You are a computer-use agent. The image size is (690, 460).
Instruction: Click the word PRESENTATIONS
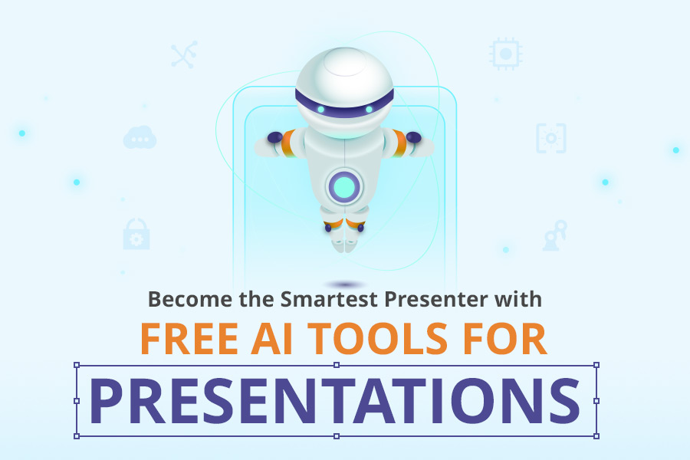[x=335, y=400]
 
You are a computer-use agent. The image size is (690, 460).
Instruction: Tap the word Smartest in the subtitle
[x=329, y=299]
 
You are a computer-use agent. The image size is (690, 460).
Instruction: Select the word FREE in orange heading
[x=189, y=338]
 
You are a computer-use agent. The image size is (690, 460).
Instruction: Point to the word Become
[x=190, y=299]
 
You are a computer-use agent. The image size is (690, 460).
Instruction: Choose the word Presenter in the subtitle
[x=436, y=299]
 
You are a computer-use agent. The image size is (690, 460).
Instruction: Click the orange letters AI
[x=272, y=338]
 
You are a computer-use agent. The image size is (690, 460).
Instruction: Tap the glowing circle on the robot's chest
[x=344, y=186]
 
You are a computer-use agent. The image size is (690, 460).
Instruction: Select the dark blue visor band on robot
[x=344, y=106]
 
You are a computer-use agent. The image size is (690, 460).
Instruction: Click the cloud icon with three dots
[x=140, y=137]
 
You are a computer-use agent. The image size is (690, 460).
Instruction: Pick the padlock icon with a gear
[x=136, y=234]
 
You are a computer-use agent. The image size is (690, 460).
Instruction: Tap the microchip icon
[x=506, y=54]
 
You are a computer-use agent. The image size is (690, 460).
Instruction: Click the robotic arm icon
[x=554, y=235]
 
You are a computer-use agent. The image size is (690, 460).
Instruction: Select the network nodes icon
[x=184, y=54]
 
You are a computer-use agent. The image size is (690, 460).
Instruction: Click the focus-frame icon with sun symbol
[x=551, y=138]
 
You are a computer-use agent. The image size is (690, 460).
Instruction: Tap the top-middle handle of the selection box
[x=337, y=365]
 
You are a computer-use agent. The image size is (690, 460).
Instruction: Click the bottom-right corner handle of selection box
[x=596, y=436]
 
